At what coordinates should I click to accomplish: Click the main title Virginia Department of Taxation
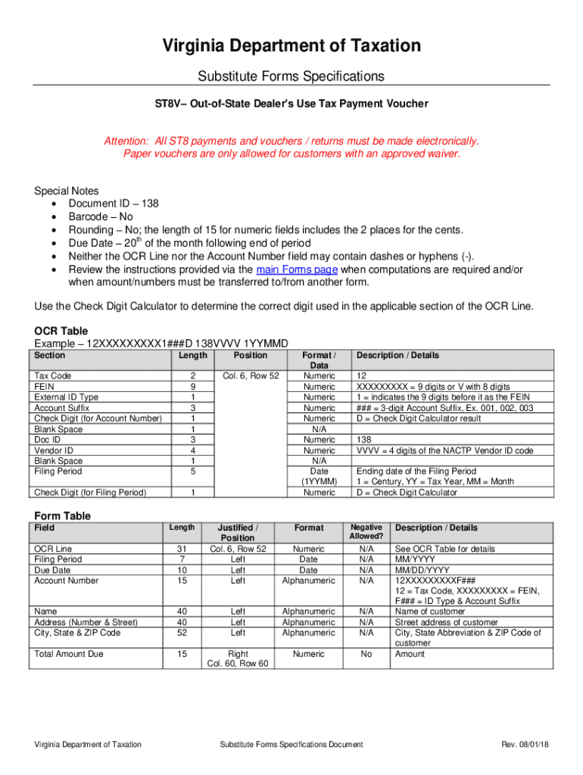point(291,46)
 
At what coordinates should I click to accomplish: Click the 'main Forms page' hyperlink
point(298,270)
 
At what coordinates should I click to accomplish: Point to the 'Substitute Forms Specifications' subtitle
point(291,76)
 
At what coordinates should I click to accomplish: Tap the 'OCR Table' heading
point(61,331)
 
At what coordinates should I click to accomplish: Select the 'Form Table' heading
point(63,515)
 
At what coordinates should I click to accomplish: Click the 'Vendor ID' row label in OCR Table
point(54,450)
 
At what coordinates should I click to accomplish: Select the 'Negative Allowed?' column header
point(366,531)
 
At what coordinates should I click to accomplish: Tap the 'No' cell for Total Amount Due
point(366,654)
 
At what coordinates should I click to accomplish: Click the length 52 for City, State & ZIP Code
point(180,633)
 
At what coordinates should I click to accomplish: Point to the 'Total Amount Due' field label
point(69,654)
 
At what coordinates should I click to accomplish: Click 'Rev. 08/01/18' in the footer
point(525,745)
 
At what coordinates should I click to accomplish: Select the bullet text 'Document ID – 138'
point(114,204)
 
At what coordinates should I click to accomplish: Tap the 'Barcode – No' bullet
point(101,216)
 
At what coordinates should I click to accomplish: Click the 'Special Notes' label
point(67,191)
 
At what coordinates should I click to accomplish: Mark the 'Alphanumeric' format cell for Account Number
point(308,580)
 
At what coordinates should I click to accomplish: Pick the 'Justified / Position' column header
point(238,533)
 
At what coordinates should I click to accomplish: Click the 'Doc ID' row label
point(48,440)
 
